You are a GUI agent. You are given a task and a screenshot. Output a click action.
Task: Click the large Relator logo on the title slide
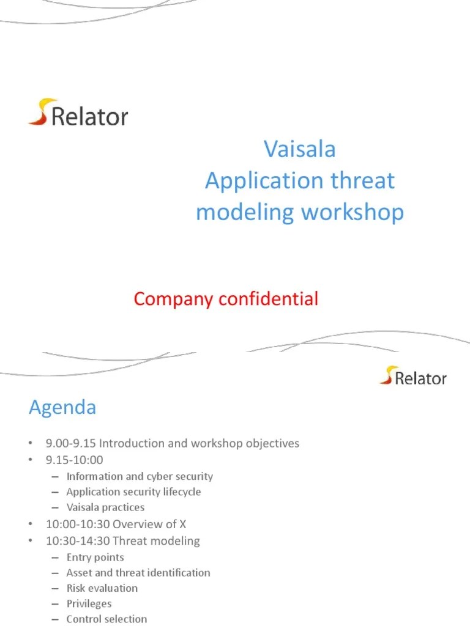(x=78, y=113)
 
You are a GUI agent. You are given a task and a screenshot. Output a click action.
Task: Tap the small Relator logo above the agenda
(x=413, y=376)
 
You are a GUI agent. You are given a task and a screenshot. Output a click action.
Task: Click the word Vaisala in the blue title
(x=300, y=149)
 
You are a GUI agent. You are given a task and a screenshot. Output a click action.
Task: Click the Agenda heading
(x=62, y=407)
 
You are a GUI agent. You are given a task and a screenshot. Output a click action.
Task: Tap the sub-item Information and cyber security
(x=140, y=476)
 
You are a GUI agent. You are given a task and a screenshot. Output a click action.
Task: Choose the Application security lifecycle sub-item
(x=133, y=492)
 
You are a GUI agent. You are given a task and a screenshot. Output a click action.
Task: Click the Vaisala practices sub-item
(x=105, y=507)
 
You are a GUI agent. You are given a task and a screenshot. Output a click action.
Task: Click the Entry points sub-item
(x=95, y=557)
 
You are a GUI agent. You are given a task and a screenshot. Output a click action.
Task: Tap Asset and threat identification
(x=138, y=573)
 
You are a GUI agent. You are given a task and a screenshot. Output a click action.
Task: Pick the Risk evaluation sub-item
(x=102, y=588)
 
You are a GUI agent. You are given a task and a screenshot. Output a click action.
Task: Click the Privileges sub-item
(x=89, y=603)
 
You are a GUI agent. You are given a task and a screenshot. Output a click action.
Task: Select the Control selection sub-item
(x=106, y=619)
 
